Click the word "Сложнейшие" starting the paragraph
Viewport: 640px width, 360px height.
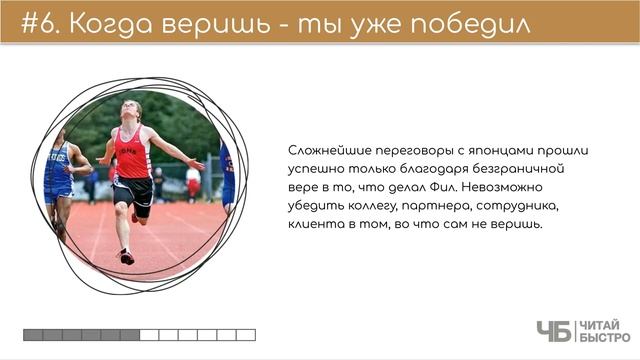coord(325,150)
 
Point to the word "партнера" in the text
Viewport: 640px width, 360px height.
coord(435,206)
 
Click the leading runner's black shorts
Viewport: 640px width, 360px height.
coord(133,192)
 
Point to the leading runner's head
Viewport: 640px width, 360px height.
coord(131,109)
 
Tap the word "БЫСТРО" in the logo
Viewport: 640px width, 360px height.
coord(605,338)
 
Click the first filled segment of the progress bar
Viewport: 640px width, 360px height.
coord(33,335)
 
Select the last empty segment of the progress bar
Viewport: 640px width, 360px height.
coord(246,335)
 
